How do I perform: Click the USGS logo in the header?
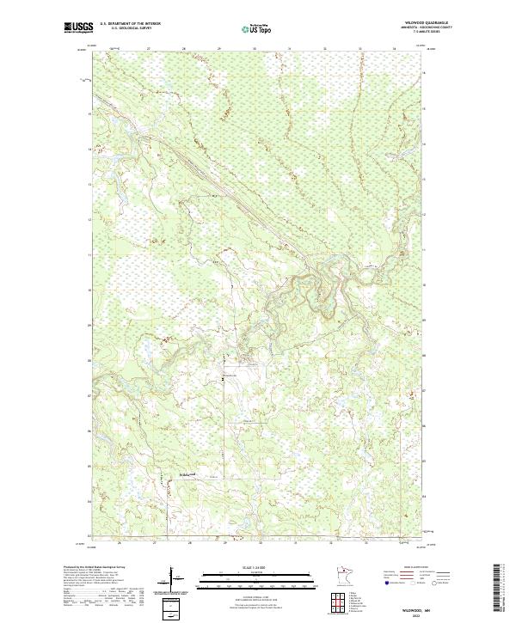[78, 27]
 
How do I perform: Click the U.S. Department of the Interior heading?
[130, 24]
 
